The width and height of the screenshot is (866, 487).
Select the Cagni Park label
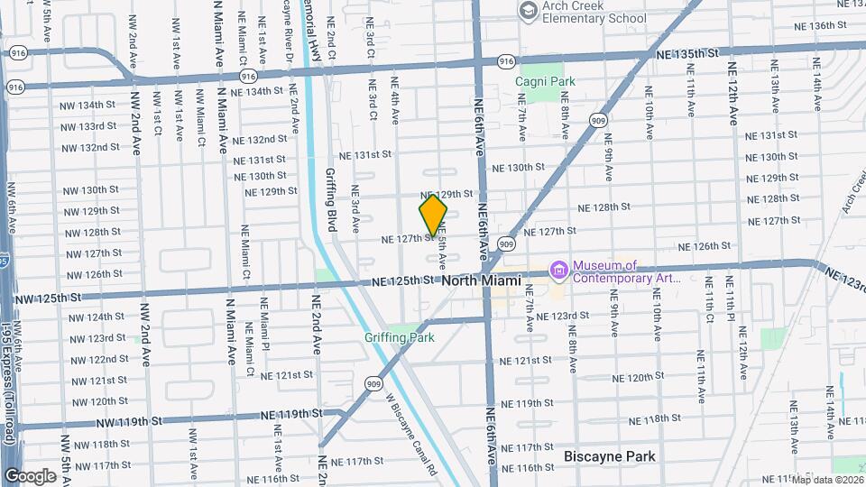[545, 81]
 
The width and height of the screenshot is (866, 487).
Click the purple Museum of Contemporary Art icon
[559, 271]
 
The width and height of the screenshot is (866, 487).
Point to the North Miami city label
[482, 281]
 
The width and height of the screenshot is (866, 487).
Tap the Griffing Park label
[399, 337]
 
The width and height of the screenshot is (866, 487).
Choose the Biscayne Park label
[609, 456]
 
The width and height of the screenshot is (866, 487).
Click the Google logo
[30, 476]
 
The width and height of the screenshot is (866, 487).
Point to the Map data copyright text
[827, 479]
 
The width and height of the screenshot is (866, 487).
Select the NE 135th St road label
[687, 55]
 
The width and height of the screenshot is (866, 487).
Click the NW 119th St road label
[132, 420]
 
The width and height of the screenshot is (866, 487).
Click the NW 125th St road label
[50, 297]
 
